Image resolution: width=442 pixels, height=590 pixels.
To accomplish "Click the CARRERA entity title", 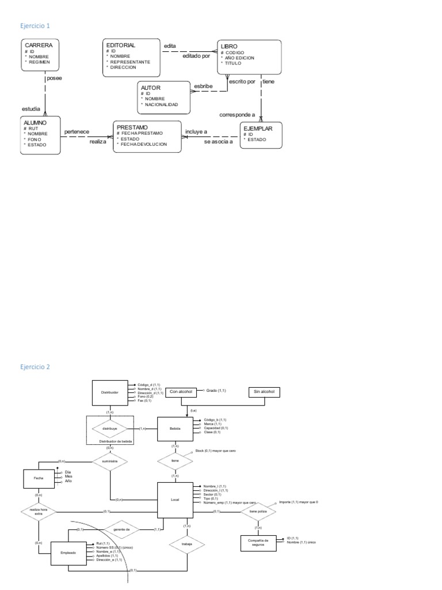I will pos(39,45).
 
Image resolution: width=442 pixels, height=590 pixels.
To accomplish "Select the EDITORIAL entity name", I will pos(121,44).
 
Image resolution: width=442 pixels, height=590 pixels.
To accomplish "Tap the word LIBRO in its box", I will pos(229,46).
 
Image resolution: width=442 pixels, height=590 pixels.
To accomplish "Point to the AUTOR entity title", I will pos(151,87).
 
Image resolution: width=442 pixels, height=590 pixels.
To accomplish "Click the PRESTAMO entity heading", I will pos(132,127).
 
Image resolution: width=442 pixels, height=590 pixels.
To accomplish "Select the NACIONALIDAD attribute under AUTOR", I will pos(162,105).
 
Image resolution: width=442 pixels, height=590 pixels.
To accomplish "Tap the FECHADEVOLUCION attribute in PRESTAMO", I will pos(143,145).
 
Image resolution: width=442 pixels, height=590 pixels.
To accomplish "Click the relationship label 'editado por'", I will pos(196,56).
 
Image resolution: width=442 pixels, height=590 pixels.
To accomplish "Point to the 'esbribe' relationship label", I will pos(203,86).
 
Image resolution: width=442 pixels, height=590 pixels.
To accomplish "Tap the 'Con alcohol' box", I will pos(181,392).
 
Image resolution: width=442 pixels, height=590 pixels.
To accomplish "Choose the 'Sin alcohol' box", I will pos(265,392).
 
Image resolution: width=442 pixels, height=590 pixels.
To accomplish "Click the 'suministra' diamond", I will pos(109,462).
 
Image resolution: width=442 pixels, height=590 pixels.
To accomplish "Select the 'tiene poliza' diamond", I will pos(258,511).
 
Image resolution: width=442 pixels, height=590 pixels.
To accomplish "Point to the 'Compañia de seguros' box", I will pos(257,543).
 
